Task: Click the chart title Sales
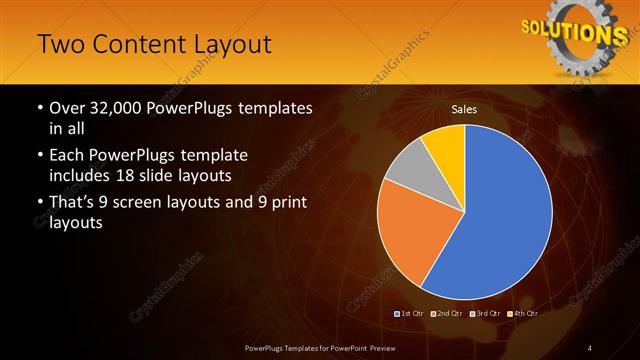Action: pos(464,109)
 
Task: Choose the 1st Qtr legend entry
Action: pos(410,313)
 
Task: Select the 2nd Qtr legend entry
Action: pos(447,313)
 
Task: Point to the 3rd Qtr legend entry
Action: pos(484,313)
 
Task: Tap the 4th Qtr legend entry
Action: pos(522,313)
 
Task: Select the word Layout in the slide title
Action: pos(232,45)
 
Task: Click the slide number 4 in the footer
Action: pos(590,347)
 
